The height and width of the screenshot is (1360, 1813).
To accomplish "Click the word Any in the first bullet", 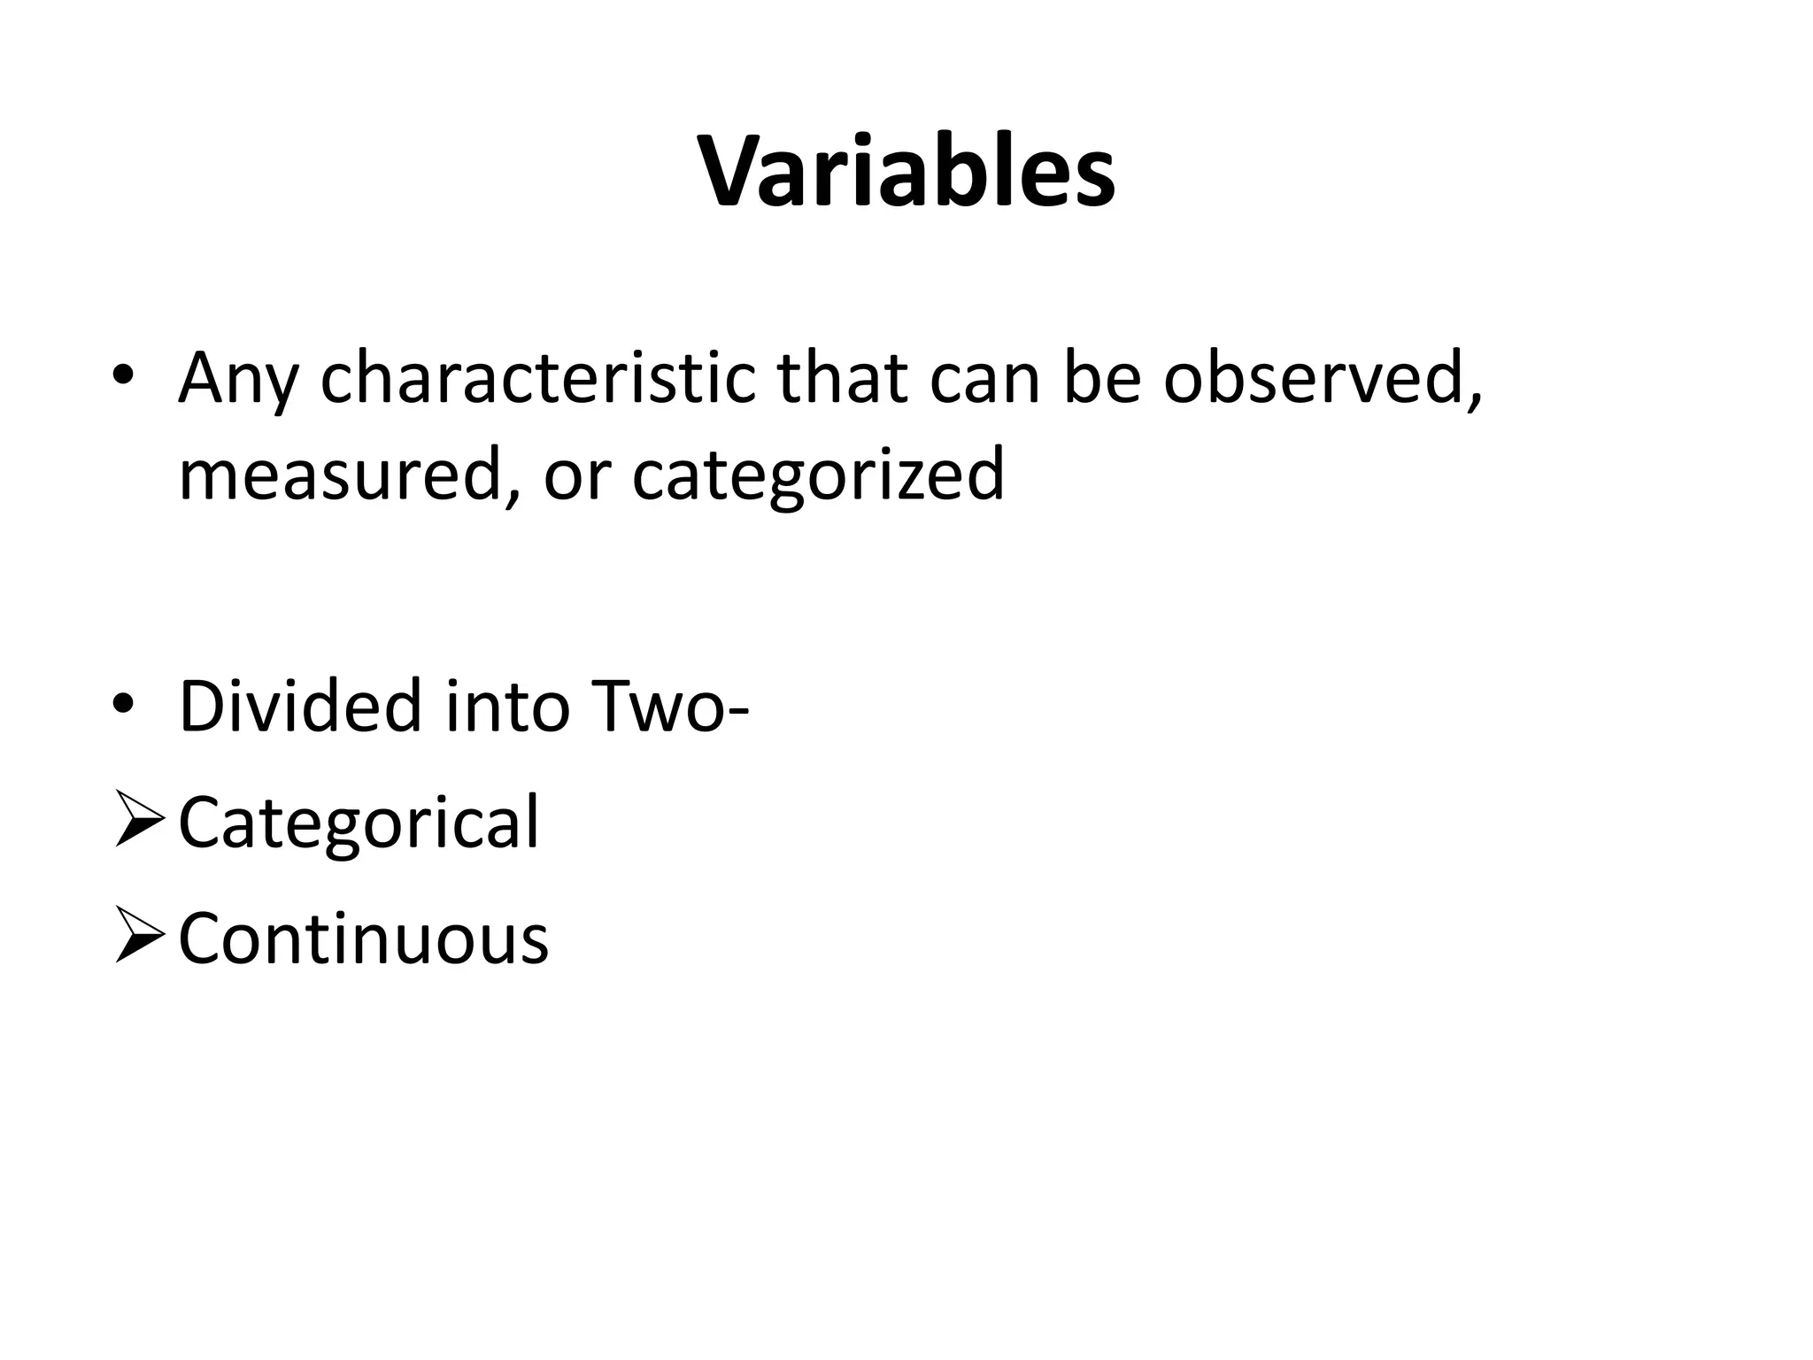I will click(x=237, y=379).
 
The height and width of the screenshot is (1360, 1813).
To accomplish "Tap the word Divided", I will click(x=300, y=706).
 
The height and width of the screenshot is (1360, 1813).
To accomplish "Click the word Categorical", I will click(x=359, y=823).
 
